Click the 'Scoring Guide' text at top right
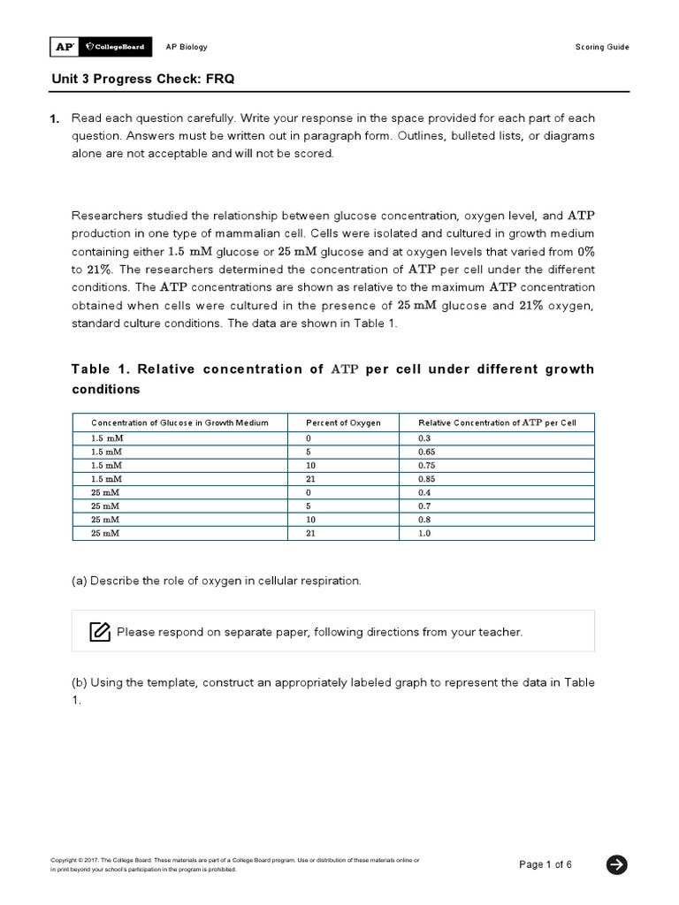[x=603, y=47]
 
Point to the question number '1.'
[x=54, y=118]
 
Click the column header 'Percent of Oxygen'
[x=343, y=422]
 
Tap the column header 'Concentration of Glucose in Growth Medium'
[x=179, y=422]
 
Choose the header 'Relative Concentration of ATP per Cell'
[x=497, y=422]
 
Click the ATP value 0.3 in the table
[x=424, y=437]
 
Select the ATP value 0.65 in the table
[x=426, y=451]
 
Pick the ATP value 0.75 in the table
[x=426, y=464]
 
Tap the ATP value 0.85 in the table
[x=426, y=478]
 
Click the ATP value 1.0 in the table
[x=424, y=533]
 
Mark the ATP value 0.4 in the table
[x=424, y=491]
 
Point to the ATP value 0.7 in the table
[x=424, y=506]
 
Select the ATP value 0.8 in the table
[x=424, y=519]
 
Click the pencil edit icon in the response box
[x=99, y=631]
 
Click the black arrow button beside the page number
[x=617, y=864]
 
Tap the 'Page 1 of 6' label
[x=545, y=864]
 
